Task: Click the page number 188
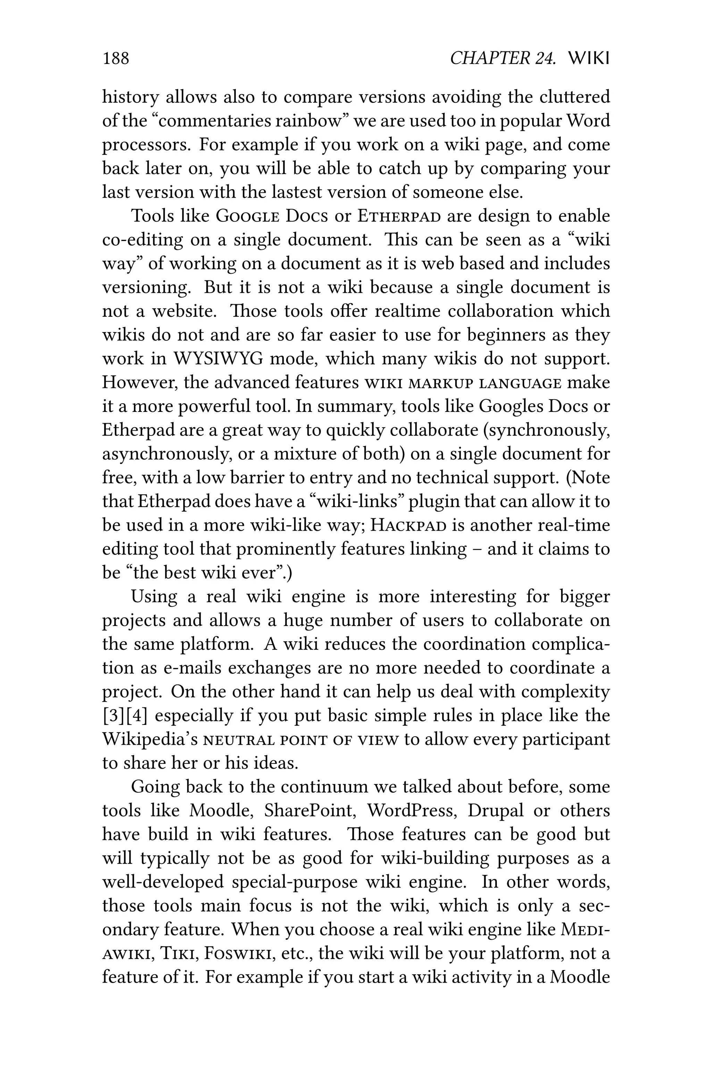(116, 58)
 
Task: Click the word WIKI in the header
(588, 58)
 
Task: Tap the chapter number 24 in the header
(545, 58)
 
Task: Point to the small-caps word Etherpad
(399, 216)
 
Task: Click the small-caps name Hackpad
(409, 525)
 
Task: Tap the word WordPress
(412, 810)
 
